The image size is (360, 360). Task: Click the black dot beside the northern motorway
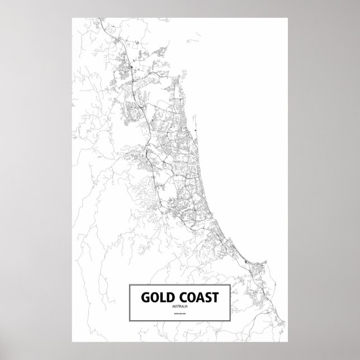[x=130, y=69]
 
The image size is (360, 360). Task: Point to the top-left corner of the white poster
[x=72, y=17]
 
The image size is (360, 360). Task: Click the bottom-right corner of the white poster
[x=287, y=342]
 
